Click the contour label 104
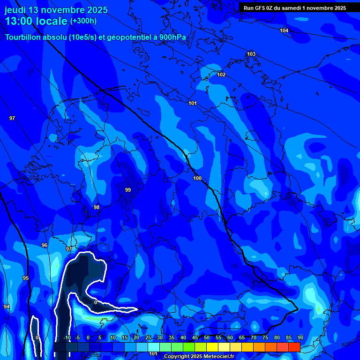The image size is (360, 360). [x=284, y=30]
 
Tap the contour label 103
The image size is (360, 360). [x=251, y=54]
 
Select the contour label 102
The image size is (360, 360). [x=221, y=75]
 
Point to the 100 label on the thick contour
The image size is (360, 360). [x=197, y=178]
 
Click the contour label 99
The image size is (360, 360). [x=128, y=190]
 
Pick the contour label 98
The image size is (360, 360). [x=97, y=207]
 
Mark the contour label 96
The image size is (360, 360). [x=45, y=245]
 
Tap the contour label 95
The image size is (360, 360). [x=26, y=278]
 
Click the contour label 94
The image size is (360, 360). [x=7, y=307]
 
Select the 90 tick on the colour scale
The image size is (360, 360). [x=300, y=337]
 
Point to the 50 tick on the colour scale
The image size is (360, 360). [x=207, y=337]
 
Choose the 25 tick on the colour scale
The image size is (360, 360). [x=148, y=337]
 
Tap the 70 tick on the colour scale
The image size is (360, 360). [x=254, y=337]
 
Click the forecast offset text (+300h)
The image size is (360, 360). [x=83, y=21]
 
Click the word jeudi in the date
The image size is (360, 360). [x=15, y=10]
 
